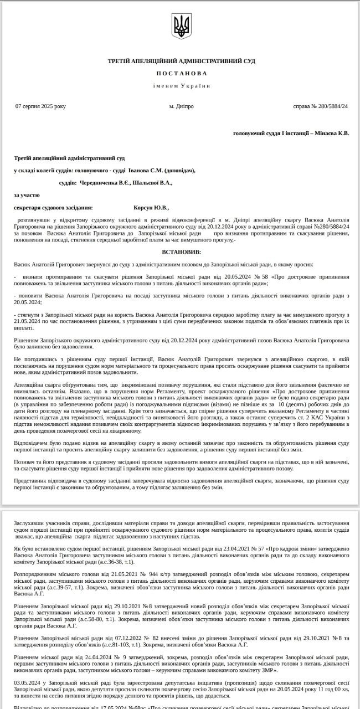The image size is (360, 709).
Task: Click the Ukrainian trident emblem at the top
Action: pyautogui.click(x=181, y=26)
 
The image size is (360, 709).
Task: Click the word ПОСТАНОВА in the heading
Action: pyautogui.click(x=181, y=74)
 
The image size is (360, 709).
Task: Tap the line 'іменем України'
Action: pyautogui.click(x=182, y=86)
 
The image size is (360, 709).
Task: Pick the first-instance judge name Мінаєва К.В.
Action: pyautogui.click(x=332, y=133)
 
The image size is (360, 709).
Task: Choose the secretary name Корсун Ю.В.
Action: pyautogui.click(x=151, y=207)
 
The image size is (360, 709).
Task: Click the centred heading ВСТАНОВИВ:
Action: pyautogui.click(x=181, y=253)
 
